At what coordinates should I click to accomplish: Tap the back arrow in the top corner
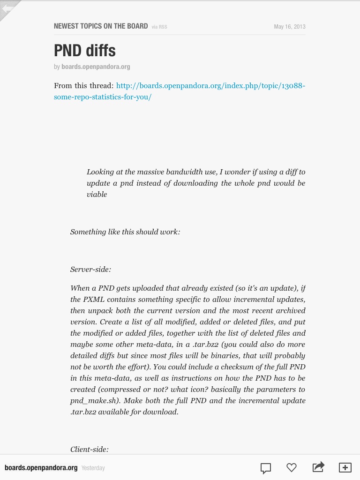(x=7, y=8)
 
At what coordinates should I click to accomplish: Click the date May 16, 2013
(x=289, y=27)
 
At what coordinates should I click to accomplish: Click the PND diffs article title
(x=85, y=51)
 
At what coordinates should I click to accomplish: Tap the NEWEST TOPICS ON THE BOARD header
(x=101, y=26)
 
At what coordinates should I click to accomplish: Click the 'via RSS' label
(x=159, y=27)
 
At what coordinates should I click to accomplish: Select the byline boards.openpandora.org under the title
(x=96, y=67)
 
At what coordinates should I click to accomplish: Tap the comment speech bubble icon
(x=265, y=468)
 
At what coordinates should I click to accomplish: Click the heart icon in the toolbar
(x=292, y=467)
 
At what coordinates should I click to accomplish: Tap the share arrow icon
(x=318, y=467)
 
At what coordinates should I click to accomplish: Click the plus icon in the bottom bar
(x=345, y=467)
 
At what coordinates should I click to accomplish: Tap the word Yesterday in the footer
(x=93, y=468)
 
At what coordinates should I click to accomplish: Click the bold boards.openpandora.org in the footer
(x=41, y=468)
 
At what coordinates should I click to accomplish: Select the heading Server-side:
(x=90, y=270)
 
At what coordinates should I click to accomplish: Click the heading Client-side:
(x=90, y=450)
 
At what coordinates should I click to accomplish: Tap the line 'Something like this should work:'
(x=125, y=232)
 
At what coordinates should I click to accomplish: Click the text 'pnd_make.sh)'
(x=90, y=401)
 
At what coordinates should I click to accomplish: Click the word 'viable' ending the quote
(x=97, y=195)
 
